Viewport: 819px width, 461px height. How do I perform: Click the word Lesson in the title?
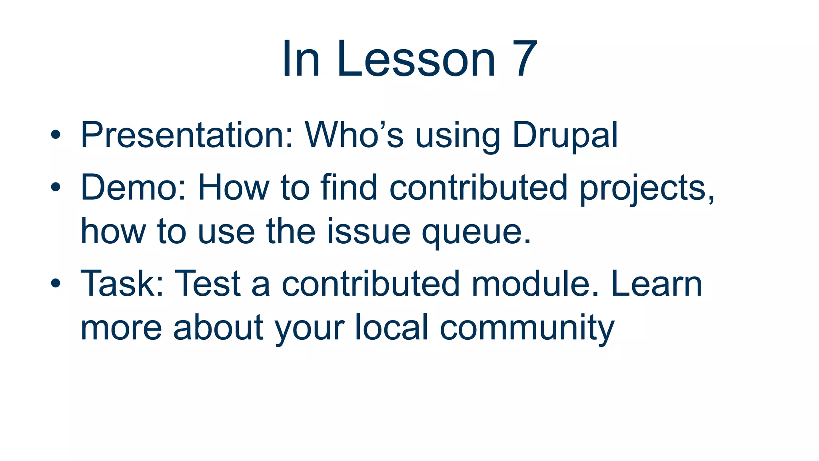pyautogui.click(x=416, y=59)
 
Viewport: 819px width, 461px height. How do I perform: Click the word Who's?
pyautogui.click(x=354, y=135)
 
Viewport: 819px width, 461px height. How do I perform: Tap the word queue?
pyautogui.click(x=476, y=232)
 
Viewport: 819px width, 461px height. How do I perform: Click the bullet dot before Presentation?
pyautogui.click(x=56, y=135)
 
